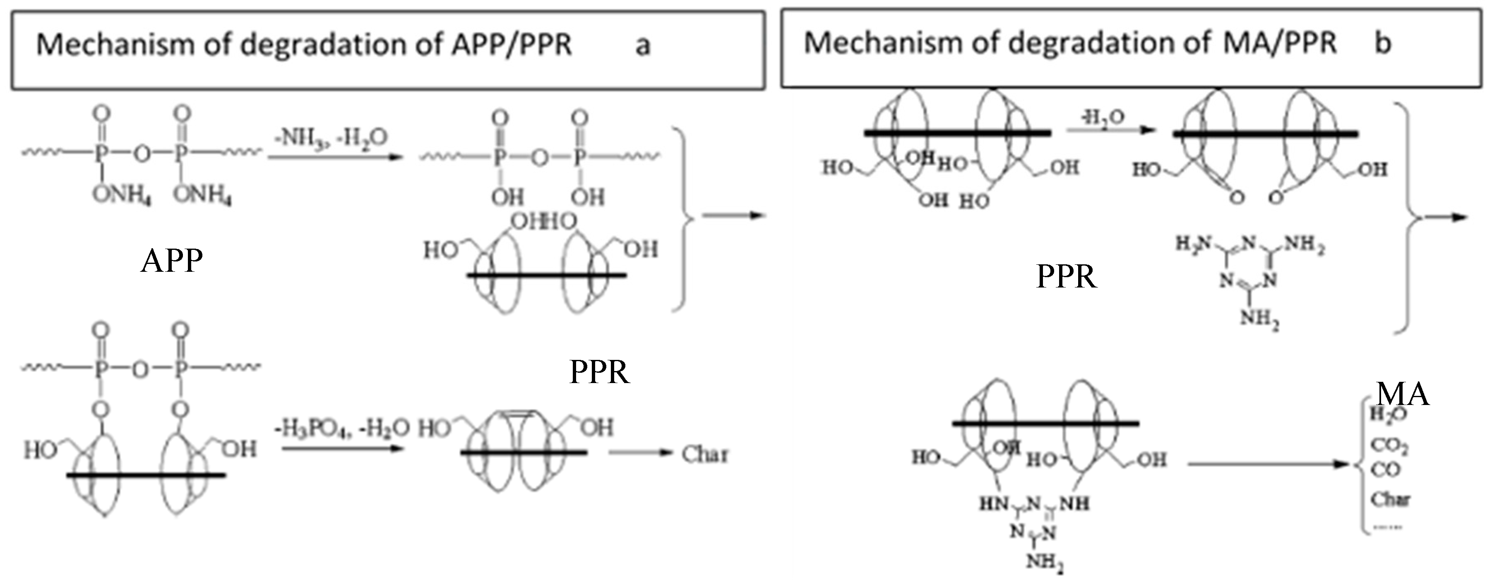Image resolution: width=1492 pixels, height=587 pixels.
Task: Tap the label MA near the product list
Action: click(1402, 395)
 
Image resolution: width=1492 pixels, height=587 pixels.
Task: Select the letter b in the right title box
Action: click(1383, 43)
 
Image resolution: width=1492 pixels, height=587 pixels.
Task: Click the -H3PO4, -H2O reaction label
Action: click(342, 429)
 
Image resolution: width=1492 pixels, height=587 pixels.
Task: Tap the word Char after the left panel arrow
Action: click(704, 455)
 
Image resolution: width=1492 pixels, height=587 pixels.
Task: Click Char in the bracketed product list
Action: click(1390, 498)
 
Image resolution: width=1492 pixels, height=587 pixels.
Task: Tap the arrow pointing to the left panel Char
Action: click(640, 453)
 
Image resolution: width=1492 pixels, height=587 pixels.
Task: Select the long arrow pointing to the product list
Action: click(1269, 464)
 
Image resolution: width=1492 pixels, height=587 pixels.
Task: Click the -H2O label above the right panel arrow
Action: click(1103, 117)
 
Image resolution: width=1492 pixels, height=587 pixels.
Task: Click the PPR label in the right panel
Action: click(1066, 277)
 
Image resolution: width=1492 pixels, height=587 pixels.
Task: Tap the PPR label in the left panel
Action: click(599, 371)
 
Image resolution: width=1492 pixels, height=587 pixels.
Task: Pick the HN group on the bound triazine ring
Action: click(993, 503)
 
